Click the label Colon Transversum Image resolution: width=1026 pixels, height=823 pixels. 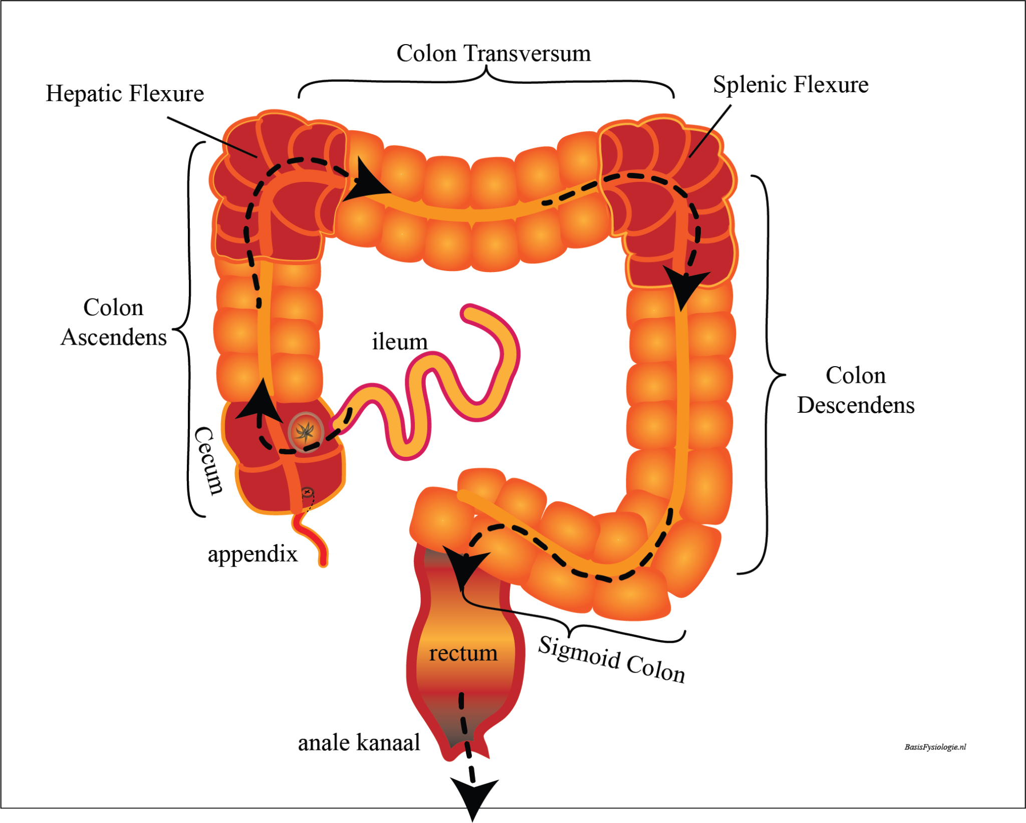point(493,54)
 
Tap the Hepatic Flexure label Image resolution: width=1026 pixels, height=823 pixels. point(125,94)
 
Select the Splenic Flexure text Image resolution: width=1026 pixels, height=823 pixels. point(791,85)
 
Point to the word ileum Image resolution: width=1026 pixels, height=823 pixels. point(400,342)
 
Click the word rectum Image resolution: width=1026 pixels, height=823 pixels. point(463,653)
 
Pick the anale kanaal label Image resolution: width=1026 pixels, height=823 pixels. point(359,743)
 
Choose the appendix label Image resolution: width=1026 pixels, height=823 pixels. point(252,554)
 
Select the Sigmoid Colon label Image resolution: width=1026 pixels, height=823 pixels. point(611,660)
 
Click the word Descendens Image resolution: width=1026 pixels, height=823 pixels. point(856,405)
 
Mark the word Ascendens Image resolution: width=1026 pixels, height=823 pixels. point(114,338)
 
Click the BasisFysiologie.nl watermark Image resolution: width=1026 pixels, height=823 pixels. point(935,747)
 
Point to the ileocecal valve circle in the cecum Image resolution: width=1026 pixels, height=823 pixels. point(305,431)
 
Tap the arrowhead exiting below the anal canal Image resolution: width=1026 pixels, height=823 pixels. point(473,796)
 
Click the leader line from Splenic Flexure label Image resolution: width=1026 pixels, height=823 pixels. point(710,131)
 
